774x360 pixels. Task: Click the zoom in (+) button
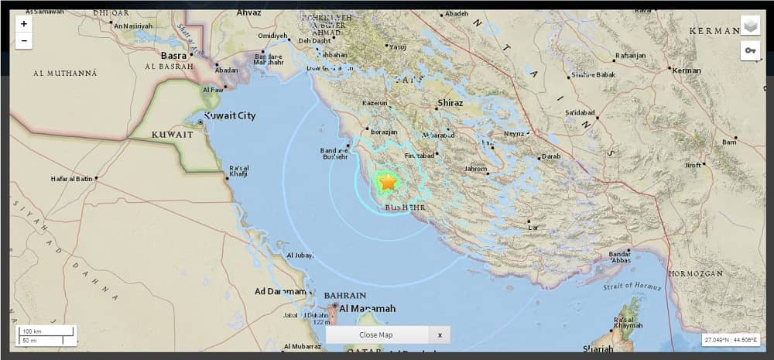[24, 24]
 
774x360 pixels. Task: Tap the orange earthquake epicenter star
[387, 183]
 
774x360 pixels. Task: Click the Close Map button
[376, 334]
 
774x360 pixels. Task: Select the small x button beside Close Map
[440, 334]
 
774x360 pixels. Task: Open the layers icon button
[750, 26]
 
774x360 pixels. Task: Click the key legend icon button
[750, 51]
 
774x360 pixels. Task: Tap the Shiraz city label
[450, 103]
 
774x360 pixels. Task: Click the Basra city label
[173, 56]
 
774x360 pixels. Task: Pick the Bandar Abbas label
[620, 258]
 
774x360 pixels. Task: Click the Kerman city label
[687, 70]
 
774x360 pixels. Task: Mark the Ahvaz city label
[250, 12]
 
